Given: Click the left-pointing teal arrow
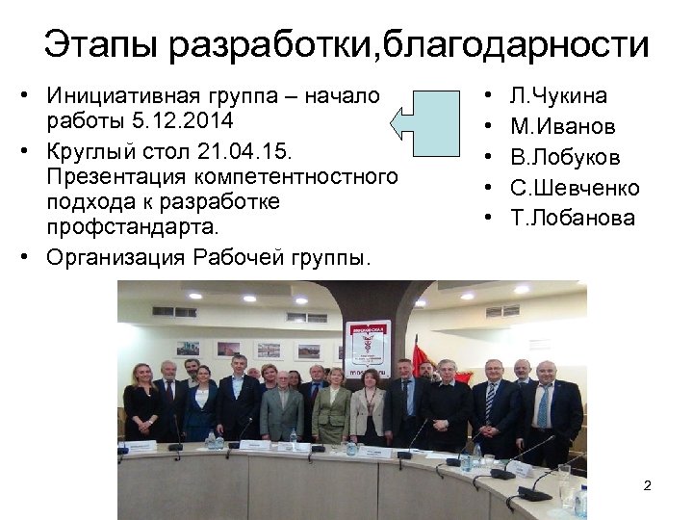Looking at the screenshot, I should click(429, 120).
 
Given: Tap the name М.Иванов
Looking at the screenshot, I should click(563, 126).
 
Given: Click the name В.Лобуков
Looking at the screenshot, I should click(565, 157).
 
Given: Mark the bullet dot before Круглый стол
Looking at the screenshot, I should click(29, 151).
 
